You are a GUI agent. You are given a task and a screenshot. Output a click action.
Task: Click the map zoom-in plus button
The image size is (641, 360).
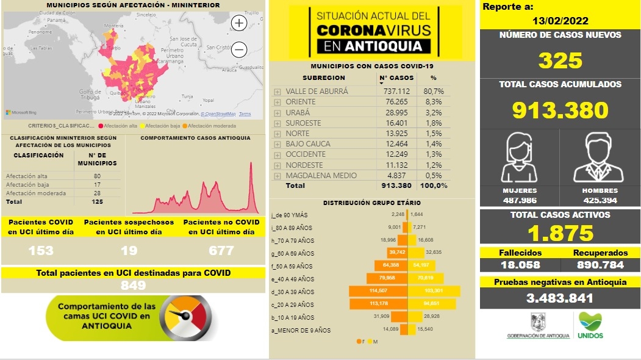pyautogui.click(x=239, y=24)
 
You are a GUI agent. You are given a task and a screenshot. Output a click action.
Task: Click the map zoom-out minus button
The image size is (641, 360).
pyautogui.click(x=239, y=50)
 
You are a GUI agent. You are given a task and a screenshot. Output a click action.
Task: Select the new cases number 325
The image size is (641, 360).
pyautogui.click(x=560, y=60)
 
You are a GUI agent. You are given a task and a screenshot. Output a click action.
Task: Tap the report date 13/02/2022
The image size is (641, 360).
pyautogui.click(x=560, y=21)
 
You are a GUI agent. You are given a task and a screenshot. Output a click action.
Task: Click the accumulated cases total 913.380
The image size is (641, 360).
pyautogui.click(x=560, y=110)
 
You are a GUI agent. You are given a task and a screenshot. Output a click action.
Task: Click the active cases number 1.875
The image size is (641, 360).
pyautogui.click(x=560, y=232)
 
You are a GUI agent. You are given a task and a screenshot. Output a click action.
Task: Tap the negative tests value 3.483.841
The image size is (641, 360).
pyautogui.click(x=560, y=298)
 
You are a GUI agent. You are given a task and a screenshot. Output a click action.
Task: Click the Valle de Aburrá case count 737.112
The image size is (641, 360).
pyautogui.click(x=396, y=91)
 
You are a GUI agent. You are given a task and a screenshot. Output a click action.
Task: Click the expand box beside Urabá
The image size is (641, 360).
pyautogui.click(x=278, y=113)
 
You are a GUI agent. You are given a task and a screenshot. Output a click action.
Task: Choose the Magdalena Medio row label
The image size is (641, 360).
pyautogui.click(x=321, y=176)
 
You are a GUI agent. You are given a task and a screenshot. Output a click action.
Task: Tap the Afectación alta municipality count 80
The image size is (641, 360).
pyautogui.click(x=97, y=176)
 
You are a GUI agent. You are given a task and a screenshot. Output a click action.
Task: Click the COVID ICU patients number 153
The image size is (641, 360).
pyautogui.click(x=41, y=250)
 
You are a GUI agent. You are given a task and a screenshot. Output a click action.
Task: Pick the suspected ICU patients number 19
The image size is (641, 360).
pyautogui.click(x=128, y=250)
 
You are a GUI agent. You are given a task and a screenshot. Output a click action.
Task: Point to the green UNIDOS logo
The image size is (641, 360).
pyautogui.click(x=590, y=325)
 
